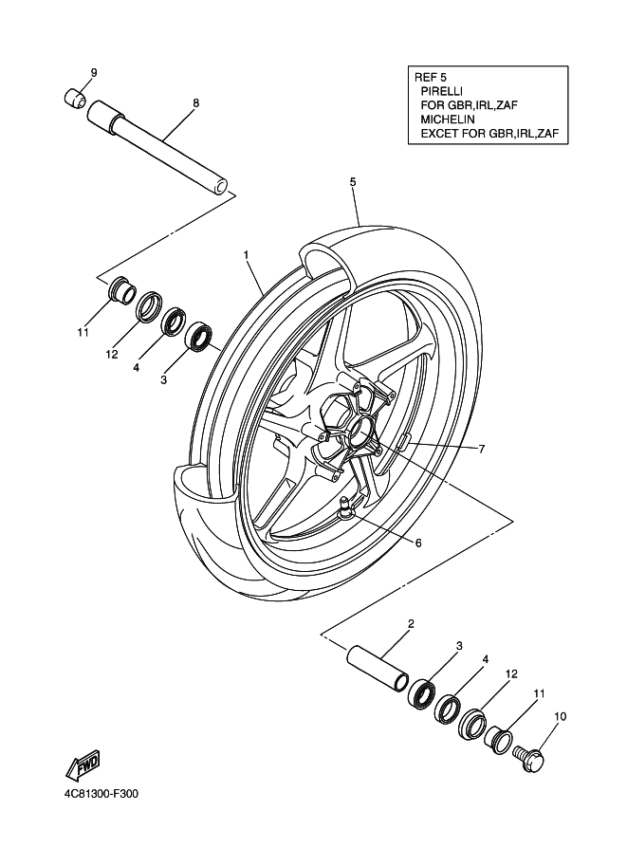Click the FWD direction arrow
83,765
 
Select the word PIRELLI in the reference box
441,90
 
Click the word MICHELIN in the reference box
448,119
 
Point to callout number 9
93,72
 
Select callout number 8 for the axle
195,102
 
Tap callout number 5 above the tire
353,182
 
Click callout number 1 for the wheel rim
246,254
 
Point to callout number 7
482,449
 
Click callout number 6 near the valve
418,543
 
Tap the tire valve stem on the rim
345,507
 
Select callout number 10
560,717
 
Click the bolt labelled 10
529,757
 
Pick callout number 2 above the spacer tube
411,624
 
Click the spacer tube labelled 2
378,668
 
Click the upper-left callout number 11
83,333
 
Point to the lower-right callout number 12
511,673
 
